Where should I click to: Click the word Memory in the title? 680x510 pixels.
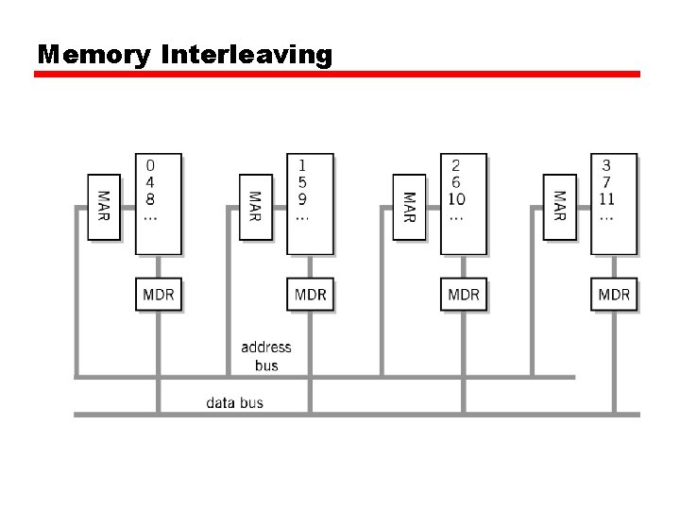[93, 55]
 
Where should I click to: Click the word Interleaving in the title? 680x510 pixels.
[247, 55]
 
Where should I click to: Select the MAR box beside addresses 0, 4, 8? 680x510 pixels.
[104, 207]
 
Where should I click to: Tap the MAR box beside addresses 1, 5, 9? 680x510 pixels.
[256, 207]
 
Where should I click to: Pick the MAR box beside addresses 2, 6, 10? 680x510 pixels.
[409, 207]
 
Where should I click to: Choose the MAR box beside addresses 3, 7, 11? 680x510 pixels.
[560, 207]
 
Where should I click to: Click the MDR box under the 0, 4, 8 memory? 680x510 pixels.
[159, 295]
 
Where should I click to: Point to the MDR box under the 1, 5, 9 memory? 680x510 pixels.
[311, 295]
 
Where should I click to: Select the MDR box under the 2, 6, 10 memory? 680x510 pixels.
[463, 295]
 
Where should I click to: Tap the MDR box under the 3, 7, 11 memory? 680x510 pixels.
[614, 295]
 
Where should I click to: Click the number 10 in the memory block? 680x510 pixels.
[456, 199]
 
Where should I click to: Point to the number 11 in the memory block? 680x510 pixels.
[606, 199]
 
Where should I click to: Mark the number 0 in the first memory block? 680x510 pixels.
[150, 165]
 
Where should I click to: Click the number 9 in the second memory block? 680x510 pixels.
[302, 199]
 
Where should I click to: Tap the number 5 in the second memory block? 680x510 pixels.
[302, 182]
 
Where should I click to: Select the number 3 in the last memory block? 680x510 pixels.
[606, 165]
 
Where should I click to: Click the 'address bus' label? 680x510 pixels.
[266, 356]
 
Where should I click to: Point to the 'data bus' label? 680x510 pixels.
[235, 403]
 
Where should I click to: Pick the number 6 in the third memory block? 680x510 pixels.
[456, 182]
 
